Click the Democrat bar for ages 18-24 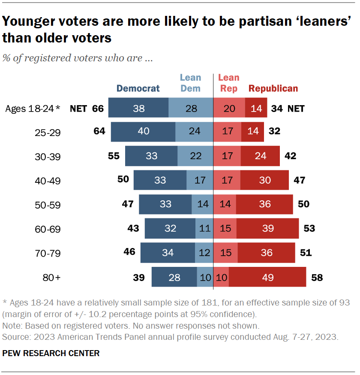tap(138, 108)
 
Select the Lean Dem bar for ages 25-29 tap(194, 132)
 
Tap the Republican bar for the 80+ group tap(267, 277)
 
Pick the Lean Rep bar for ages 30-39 tap(227, 156)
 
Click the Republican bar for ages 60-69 tap(267, 228)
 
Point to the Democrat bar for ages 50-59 tap(165, 204)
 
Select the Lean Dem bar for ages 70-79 tap(204, 253)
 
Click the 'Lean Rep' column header tap(229, 83)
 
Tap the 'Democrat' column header tap(138, 89)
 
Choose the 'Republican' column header tap(273, 89)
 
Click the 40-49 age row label tap(48, 181)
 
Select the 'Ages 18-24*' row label tap(33, 109)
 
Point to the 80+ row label tap(51, 278)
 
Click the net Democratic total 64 tap(99, 131)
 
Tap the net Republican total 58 tap(316, 277)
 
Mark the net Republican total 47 tap(299, 180)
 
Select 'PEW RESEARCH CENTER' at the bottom tap(51, 354)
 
